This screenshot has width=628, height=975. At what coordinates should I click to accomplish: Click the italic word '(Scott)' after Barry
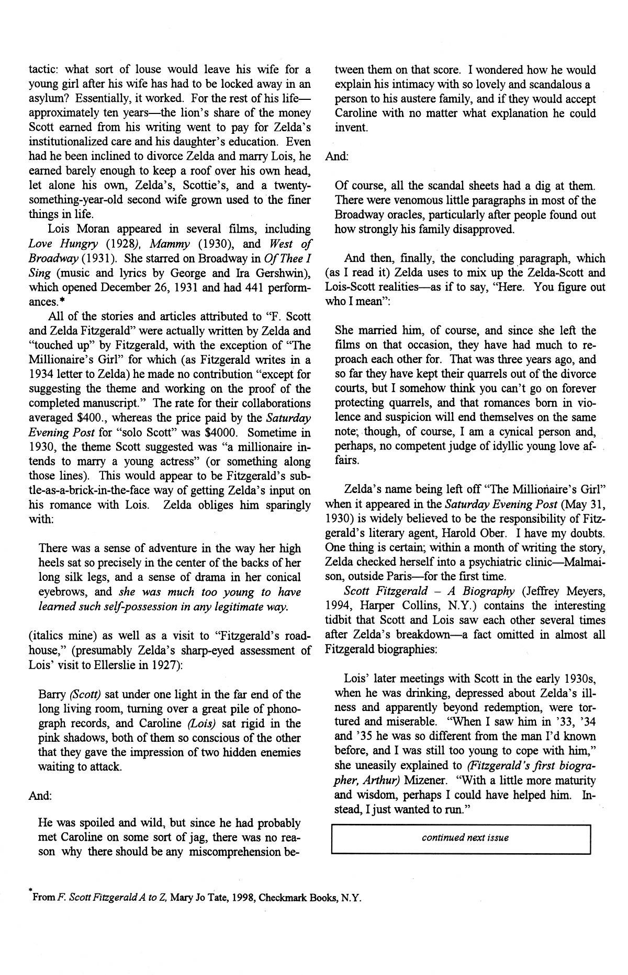coord(85,695)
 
